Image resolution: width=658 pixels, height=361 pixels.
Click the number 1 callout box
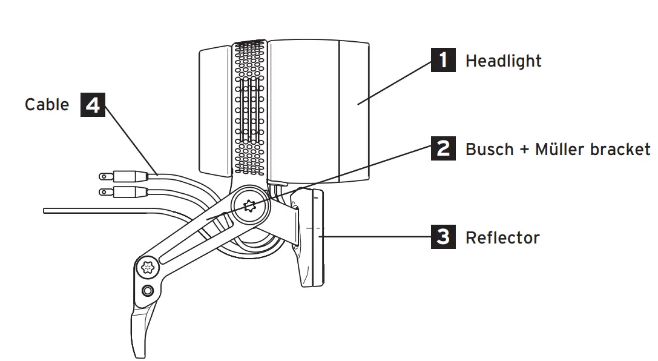point(443,60)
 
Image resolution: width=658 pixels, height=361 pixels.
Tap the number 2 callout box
point(443,148)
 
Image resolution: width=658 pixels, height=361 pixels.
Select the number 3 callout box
point(443,237)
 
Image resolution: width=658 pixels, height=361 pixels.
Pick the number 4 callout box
point(93,105)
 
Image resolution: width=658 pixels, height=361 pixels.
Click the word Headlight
point(503,61)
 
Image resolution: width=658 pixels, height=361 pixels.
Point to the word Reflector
point(502,237)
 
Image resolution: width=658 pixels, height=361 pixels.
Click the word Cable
point(47,105)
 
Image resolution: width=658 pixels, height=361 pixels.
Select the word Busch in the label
point(489,149)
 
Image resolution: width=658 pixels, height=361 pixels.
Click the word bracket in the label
point(625,149)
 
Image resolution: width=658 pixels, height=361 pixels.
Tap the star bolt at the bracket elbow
point(146,267)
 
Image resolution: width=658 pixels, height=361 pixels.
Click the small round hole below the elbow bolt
point(147,291)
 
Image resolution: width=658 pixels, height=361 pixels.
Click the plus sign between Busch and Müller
point(524,150)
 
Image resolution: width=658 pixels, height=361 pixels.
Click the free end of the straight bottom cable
point(46,211)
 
